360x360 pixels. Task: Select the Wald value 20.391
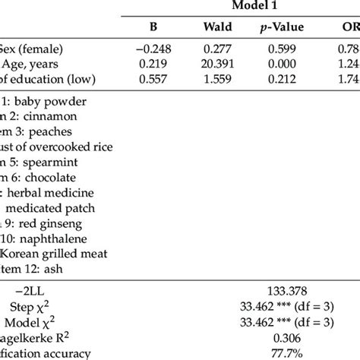[x=217, y=65]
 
